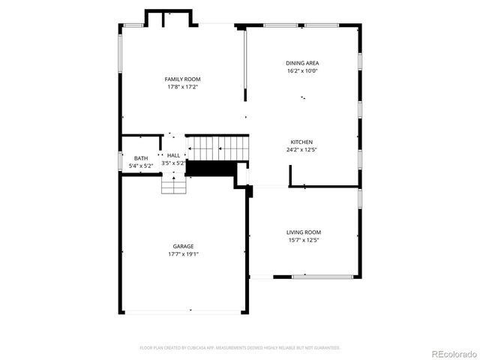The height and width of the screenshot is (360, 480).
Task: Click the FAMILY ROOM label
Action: click(182, 79)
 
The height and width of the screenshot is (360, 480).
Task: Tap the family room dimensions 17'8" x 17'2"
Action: click(182, 87)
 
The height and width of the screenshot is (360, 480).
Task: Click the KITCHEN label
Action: click(301, 142)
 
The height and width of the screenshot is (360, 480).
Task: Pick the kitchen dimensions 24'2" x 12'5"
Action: click(301, 150)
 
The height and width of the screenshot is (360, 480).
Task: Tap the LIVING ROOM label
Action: click(303, 232)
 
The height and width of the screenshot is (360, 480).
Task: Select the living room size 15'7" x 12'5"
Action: click(303, 241)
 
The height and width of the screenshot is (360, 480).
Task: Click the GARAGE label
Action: click(183, 246)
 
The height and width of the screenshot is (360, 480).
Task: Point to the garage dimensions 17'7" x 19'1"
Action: click(183, 254)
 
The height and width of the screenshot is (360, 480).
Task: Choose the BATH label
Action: click(141, 158)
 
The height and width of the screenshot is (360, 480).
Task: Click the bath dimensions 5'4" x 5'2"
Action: click(141, 166)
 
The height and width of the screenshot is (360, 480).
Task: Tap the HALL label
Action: click(173, 155)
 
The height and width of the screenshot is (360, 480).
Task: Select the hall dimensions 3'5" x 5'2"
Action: click(173, 163)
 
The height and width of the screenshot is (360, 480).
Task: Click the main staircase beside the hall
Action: click(217, 148)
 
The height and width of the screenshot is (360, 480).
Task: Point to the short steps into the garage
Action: click(173, 184)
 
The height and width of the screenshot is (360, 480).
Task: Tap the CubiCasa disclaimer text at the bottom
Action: click(240, 348)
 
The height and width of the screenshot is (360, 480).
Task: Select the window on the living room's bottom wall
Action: click(322, 277)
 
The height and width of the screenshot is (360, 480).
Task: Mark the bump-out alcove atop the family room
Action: click(171, 18)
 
